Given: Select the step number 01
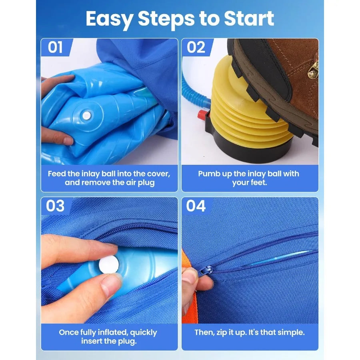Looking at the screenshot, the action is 55,47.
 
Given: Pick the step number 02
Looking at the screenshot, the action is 196,47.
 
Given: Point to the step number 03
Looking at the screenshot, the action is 55,206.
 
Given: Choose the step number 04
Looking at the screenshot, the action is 196,206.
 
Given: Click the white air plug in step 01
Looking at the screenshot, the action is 87,116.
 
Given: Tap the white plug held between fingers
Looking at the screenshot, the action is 109,263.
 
